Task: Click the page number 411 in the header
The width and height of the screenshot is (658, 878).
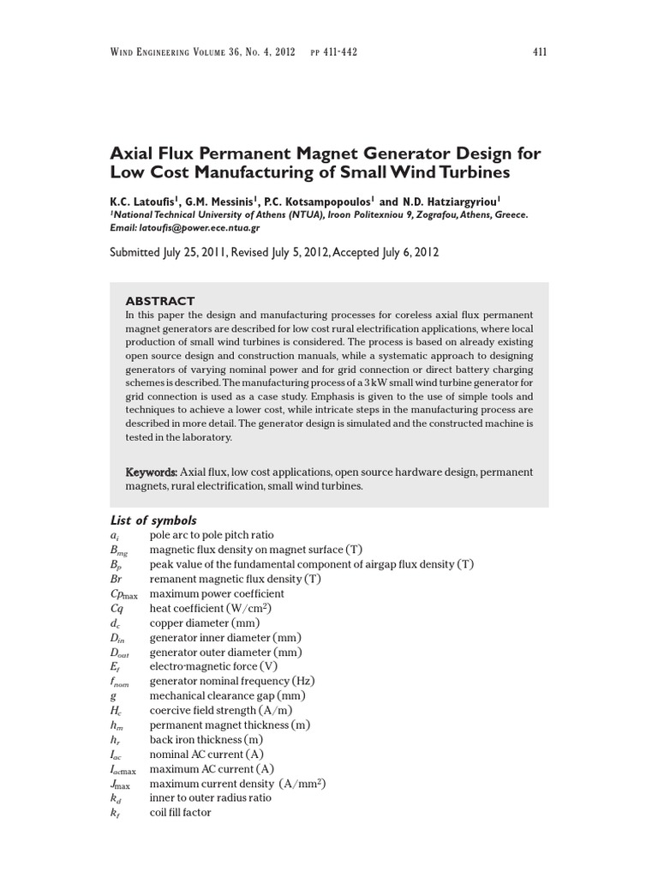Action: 539,52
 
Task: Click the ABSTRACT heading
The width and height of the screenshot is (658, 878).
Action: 160,301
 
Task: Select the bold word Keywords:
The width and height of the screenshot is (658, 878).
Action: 152,472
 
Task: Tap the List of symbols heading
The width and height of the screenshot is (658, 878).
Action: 153,520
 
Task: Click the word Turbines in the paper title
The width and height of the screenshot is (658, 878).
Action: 470,172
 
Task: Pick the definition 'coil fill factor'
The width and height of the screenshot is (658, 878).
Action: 180,812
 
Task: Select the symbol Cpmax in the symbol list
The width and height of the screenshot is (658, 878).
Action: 123,593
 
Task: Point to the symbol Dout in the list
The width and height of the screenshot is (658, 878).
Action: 119,652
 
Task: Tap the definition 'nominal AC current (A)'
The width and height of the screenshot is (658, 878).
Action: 206,754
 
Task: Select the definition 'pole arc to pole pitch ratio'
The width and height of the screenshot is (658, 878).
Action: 212,535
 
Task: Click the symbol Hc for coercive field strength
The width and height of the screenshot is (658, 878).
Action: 117,711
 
